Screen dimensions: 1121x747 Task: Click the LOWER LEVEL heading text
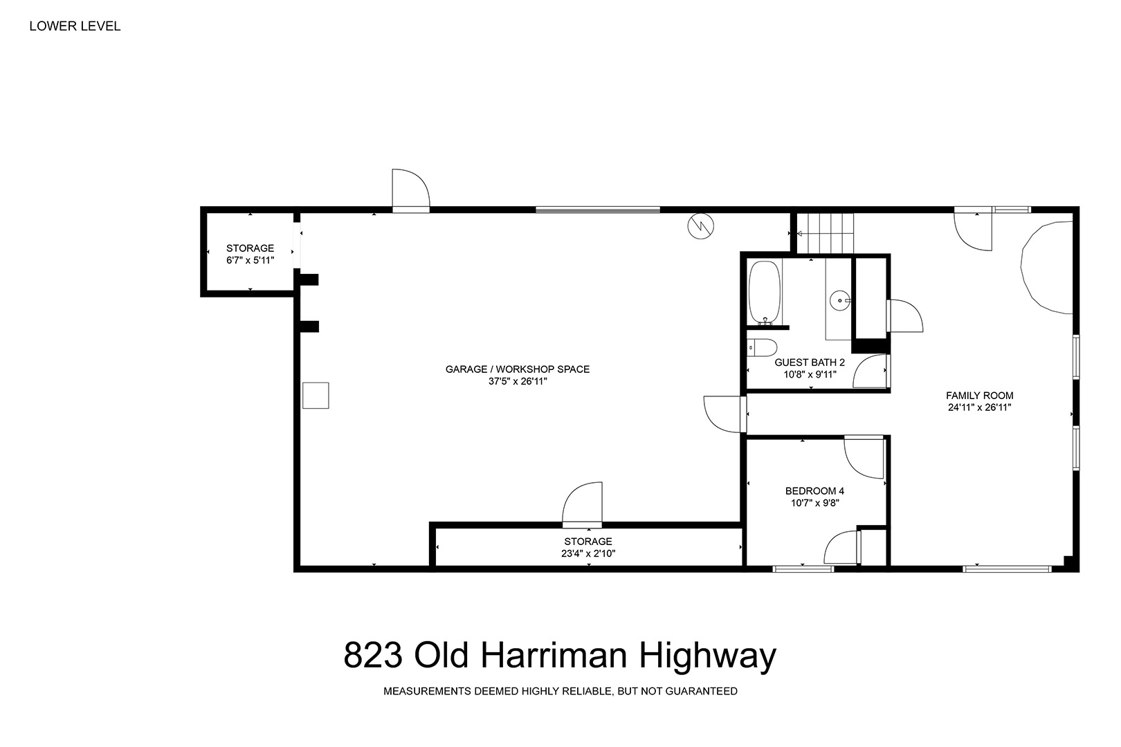[x=75, y=26]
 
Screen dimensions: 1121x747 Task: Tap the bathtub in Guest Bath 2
[x=764, y=293]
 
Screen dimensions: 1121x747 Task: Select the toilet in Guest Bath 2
[x=762, y=347]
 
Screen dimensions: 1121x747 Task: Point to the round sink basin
[x=840, y=301]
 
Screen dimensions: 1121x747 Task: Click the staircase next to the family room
[x=826, y=233]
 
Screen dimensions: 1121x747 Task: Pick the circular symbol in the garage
[x=700, y=226]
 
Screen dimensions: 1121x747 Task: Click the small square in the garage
[x=316, y=395]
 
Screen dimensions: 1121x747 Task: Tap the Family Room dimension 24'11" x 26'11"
[x=979, y=407]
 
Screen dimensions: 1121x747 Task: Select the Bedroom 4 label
[x=814, y=491]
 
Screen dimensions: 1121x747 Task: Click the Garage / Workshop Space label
[x=518, y=369]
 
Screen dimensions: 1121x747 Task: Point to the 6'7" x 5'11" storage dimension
[x=250, y=260]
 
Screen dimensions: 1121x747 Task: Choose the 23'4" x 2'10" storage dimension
[x=588, y=553]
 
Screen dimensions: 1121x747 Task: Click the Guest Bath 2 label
[x=810, y=362]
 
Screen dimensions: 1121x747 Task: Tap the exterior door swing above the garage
[x=410, y=191]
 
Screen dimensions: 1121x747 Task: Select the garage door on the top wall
[x=598, y=210]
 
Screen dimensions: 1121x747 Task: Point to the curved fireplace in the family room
[x=1046, y=268]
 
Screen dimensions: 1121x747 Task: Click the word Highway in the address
[x=708, y=656]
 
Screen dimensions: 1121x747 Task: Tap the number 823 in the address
[x=373, y=655]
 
